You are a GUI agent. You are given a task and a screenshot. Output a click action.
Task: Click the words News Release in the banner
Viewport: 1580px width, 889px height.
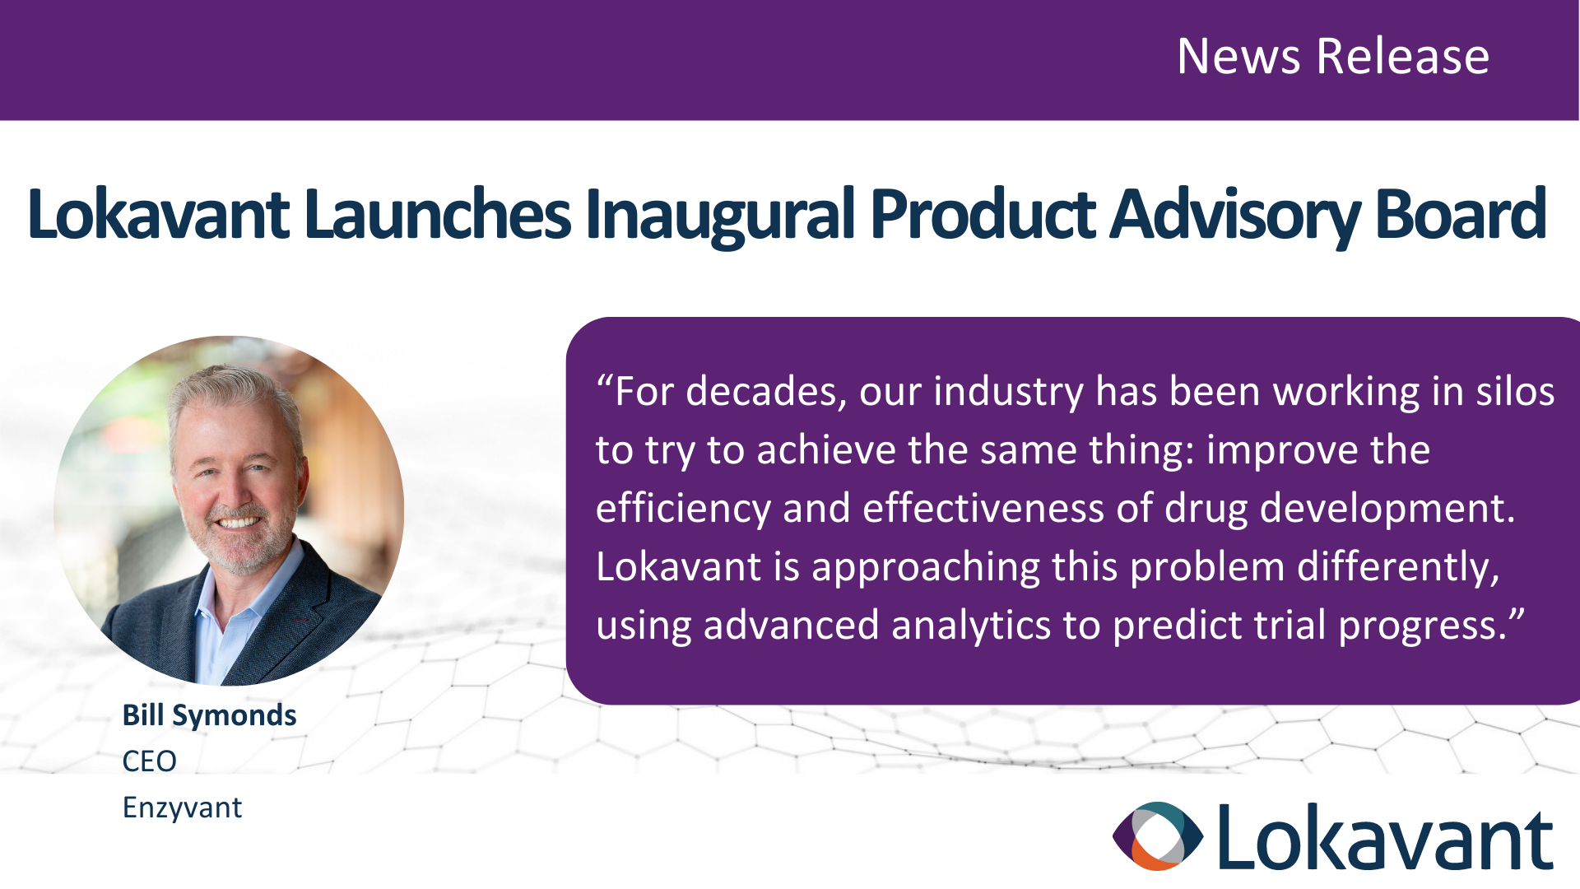pos(1333,56)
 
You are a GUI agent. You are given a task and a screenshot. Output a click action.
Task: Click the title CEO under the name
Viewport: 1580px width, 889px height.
pos(149,761)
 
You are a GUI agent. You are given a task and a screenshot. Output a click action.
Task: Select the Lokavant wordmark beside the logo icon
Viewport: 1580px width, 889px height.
pos(1385,836)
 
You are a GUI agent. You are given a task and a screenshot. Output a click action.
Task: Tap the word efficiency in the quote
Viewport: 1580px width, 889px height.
pos(683,509)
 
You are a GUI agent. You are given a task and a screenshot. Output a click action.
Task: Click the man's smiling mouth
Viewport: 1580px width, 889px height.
pos(239,522)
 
